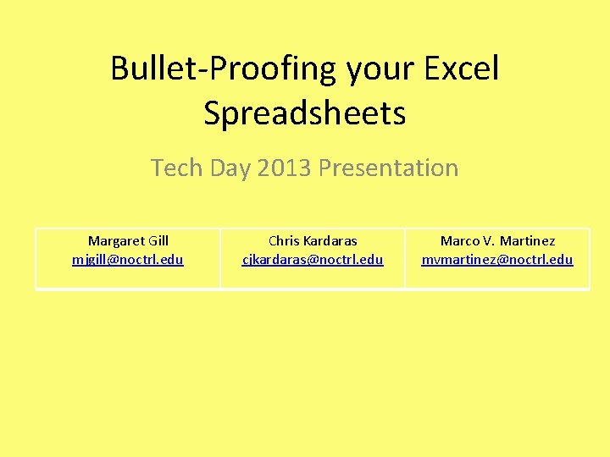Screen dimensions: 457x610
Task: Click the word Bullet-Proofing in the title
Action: pos(225,69)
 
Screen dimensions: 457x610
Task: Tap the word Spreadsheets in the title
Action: pos(305,113)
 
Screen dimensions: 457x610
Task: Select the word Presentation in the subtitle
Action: pos(388,168)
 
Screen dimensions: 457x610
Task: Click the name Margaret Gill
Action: pos(128,241)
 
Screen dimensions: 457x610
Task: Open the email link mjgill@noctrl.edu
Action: pos(128,259)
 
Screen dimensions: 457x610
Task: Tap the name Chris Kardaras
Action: pos(313,241)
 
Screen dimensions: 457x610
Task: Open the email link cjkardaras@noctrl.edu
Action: pos(313,259)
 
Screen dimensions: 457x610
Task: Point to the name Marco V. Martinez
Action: pos(497,241)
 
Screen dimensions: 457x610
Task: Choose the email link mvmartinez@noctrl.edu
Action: pos(497,259)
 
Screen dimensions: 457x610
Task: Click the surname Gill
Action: pos(158,241)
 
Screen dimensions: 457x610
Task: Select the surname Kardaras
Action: pos(329,241)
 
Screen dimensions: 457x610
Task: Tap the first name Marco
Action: pos(459,241)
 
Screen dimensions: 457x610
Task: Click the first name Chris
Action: pos(283,241)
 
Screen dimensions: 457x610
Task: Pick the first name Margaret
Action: pos(115,241)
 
